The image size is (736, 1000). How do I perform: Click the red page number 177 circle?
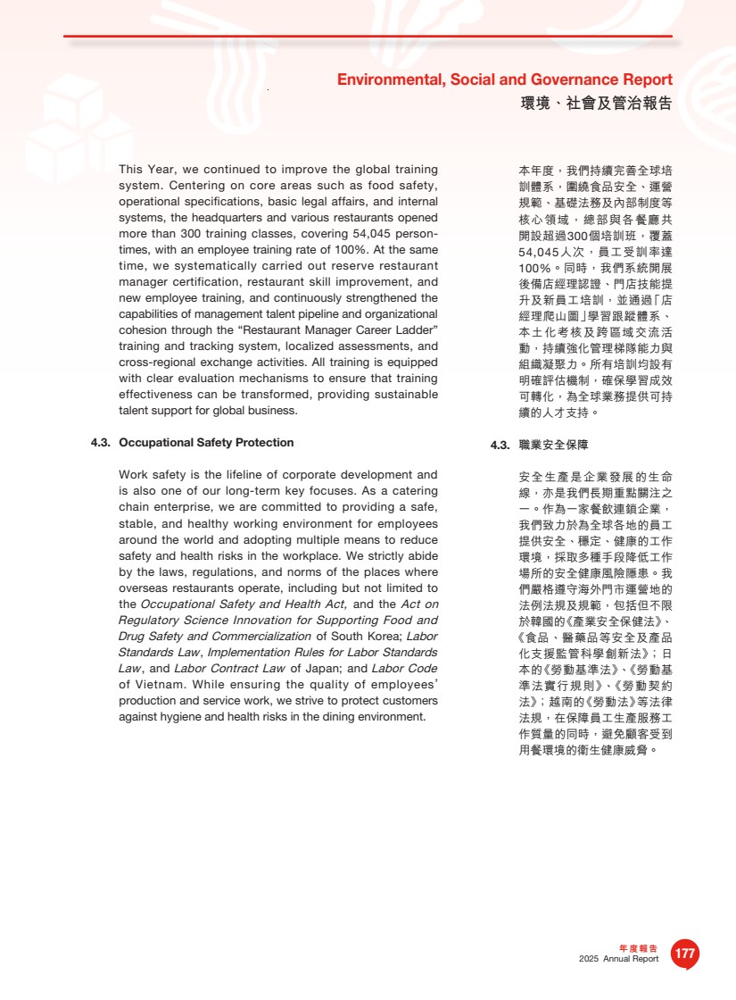coord(684,954)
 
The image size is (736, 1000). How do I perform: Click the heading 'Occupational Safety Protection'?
coord(206,443)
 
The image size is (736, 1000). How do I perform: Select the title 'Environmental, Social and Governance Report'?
coord(504,80)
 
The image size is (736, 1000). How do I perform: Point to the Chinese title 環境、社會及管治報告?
coord(596,104)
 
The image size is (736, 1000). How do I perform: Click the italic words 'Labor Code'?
coord(404,669)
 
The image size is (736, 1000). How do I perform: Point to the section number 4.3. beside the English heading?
coord(100,443)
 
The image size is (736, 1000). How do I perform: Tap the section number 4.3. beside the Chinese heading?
coord(500,445)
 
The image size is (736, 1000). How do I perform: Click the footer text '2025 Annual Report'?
coord(618,959)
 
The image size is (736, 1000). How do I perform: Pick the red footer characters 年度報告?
coord(638,948)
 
